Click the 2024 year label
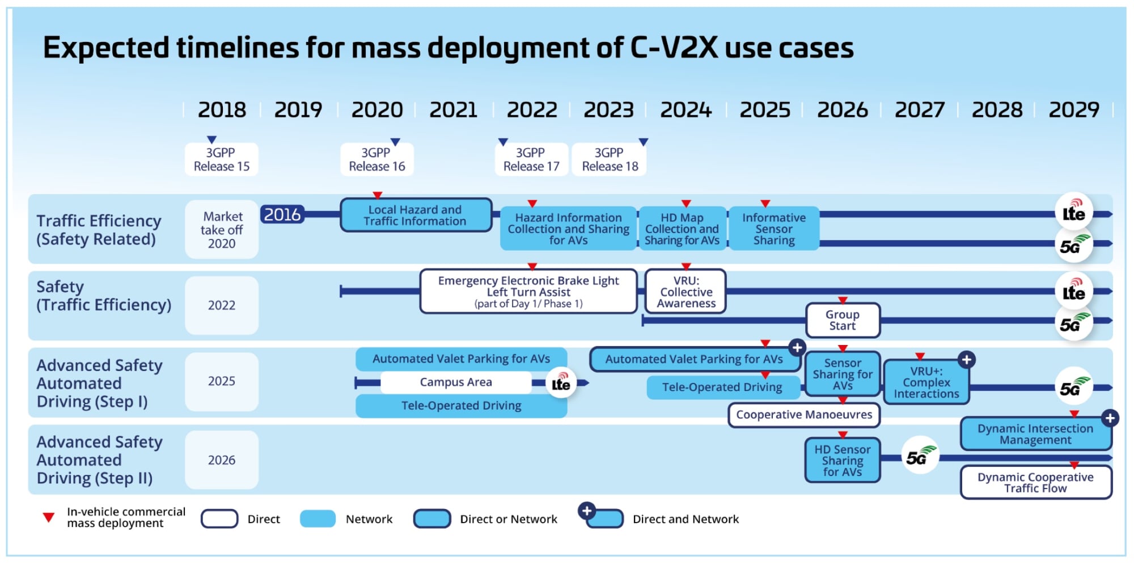coord(686,110)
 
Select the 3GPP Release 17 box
coord(531,159)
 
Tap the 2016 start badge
coord(282,214)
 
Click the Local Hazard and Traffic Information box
coord(416,215)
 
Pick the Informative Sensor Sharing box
coord(774,229)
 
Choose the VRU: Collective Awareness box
coord(686,292)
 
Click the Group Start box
coord(843,320)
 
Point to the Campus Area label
coord(456,382)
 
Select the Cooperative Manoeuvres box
coord(804,415)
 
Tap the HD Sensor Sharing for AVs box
coord(843,460)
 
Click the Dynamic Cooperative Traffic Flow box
coord(1035,482)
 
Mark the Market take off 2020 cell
coord(222,230)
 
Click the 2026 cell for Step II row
coord(222,460)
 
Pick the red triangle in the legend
coord(49,517)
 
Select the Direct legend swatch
coord(219,519)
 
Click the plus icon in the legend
coord(587,511)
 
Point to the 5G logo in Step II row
coord(920,456)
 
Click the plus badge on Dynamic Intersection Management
coord(1110,418)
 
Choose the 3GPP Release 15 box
coord(222,159)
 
